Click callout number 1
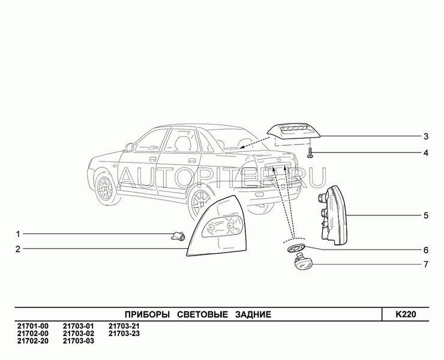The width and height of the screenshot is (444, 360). pos(18,233)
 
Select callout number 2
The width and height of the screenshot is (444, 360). pos(18,249)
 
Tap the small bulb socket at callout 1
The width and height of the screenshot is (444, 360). pos(178,236)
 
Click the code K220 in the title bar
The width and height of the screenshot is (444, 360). pos(406,314)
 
